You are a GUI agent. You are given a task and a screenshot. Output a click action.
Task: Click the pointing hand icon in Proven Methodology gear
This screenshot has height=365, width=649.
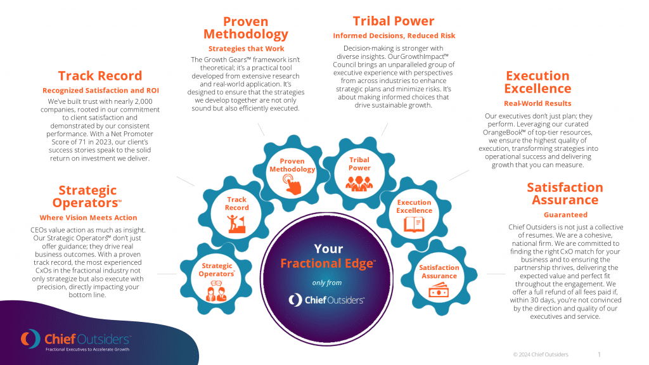(292, 184)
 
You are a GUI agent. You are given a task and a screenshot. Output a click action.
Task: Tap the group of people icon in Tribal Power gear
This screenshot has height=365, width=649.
(359, 183)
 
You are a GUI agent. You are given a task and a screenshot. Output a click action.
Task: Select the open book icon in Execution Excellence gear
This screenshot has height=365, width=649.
(414, 224)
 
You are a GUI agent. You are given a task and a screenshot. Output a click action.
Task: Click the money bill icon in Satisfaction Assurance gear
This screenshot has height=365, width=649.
(439, 290)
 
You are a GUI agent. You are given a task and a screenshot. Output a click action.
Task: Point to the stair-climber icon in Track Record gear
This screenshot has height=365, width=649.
(237, 224)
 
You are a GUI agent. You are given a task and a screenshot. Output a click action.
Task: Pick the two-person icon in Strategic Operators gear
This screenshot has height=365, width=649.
(216, 291)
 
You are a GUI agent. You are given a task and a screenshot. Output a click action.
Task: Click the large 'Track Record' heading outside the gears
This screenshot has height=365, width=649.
(100, 76)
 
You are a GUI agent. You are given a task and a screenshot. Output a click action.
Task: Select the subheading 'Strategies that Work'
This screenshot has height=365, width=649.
(247, 48)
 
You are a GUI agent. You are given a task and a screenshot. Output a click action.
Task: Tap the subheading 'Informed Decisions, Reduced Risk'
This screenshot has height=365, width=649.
(394, 35)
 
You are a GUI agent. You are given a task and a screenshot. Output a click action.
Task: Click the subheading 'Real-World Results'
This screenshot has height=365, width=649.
(537, 103)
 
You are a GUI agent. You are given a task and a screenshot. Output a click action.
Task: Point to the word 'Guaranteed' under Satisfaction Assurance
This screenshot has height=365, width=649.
(565, 215)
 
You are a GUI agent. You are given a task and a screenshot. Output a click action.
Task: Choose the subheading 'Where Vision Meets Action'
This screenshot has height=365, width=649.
(88, 218)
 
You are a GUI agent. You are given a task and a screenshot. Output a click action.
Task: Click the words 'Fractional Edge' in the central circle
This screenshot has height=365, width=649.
(328, 264)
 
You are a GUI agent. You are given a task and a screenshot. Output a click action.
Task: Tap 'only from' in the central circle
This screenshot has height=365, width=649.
(327, 283)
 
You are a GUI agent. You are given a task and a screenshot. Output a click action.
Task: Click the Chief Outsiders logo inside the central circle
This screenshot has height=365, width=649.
(326, 300)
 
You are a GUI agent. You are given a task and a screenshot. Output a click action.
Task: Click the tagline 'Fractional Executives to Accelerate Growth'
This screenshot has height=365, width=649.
(87, 350)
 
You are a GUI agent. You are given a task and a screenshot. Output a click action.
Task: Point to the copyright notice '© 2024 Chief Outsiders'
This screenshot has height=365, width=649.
(541, 355)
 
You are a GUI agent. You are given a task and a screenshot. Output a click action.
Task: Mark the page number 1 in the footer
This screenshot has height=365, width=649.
(599, 355)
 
